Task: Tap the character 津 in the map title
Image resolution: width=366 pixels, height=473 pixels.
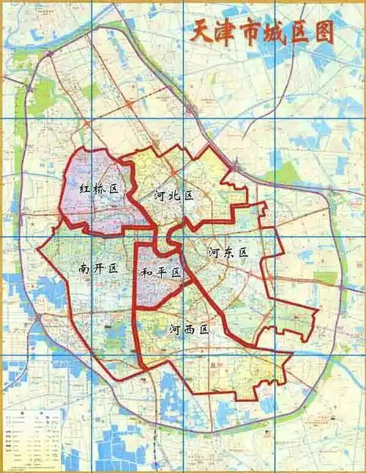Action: [227, 33]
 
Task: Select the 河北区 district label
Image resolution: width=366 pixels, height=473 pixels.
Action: [174, 196]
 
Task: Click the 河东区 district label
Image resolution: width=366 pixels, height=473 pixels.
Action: [227, 253]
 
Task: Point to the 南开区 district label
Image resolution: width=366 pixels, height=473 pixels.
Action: [97, 269]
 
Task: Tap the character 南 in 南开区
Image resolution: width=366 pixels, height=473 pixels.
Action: [83, 269]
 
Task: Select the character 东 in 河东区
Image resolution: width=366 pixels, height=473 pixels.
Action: [227, 253]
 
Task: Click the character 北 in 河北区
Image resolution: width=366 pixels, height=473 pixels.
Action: [174, 196]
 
